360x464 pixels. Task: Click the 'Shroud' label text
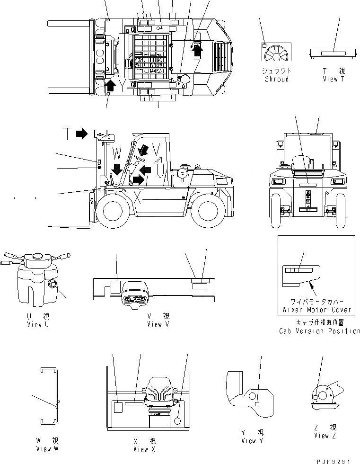point(277,79)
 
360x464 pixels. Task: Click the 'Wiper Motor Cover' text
point(317,310)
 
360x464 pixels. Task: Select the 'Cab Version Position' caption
point(319,331)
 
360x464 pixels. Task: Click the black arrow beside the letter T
point(81,134)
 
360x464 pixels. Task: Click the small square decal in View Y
point(256,404)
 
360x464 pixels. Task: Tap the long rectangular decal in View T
point(333,54)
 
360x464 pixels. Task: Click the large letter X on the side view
point(137,196)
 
